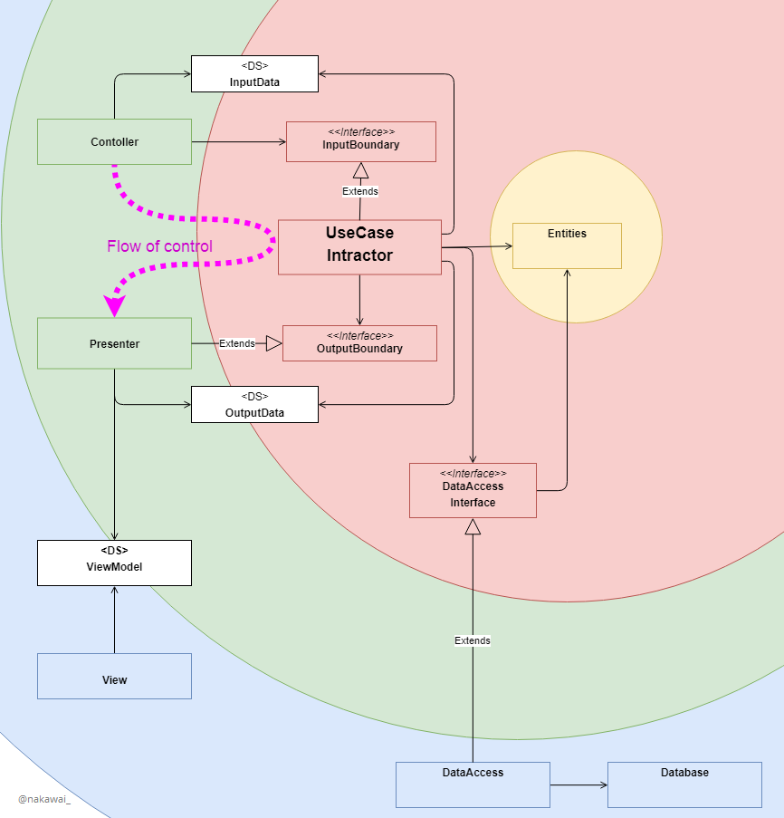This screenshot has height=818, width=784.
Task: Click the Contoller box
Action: pos(114,141)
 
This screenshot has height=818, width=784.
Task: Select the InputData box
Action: pos(254,73)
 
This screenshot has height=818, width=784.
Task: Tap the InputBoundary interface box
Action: pos(360,141)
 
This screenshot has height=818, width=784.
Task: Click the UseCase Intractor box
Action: pos(359,246)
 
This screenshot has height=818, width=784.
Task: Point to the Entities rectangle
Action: pos(567,245)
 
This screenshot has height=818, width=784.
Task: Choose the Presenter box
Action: pos(114,343)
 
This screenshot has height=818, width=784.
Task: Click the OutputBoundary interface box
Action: pos(359,343)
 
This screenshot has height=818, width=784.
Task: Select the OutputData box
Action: pos(254,404)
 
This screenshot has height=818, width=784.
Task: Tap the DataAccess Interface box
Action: pos(473,490)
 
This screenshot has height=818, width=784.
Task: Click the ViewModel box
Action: pos(114,563)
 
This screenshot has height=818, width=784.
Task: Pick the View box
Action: pos(114,677)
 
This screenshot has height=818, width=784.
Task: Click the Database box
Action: pos(684,784)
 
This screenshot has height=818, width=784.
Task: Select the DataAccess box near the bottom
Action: pos(473,784)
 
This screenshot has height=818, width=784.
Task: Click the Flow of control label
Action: pos(159,246)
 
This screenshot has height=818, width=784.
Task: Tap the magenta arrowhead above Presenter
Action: pos(115,304)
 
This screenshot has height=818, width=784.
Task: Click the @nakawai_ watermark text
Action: pos(44,799)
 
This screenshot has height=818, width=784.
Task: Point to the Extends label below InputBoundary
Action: pos(360,191)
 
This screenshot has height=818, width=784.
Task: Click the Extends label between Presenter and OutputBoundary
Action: pos(237,343)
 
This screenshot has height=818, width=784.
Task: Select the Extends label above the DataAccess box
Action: pos(473,640)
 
